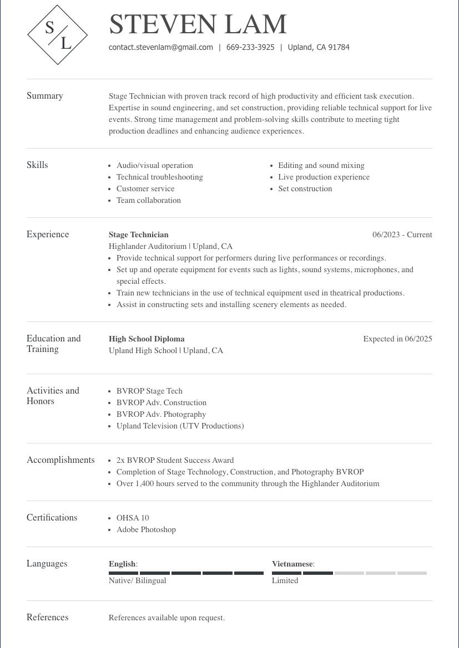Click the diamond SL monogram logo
58,35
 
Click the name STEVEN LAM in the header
198,24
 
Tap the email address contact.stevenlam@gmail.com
161,48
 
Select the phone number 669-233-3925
250,48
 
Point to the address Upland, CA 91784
319,48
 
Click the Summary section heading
45,96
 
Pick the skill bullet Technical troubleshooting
160,177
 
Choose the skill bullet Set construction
305,189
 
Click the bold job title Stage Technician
139,235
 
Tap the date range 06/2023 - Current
402,235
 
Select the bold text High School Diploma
147,339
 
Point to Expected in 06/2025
397,339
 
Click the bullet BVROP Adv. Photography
161,415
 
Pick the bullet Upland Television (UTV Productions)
180,426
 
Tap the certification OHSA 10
133,518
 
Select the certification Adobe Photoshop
146,530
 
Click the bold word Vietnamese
292,564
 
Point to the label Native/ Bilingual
138,581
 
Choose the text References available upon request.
167,618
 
